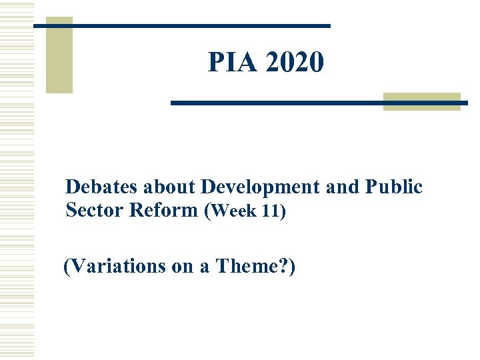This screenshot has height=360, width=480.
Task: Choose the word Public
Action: tap(394, 187)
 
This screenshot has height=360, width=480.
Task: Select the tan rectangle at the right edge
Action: tap(422, 101)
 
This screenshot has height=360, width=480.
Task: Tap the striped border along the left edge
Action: tap(16, 180)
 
